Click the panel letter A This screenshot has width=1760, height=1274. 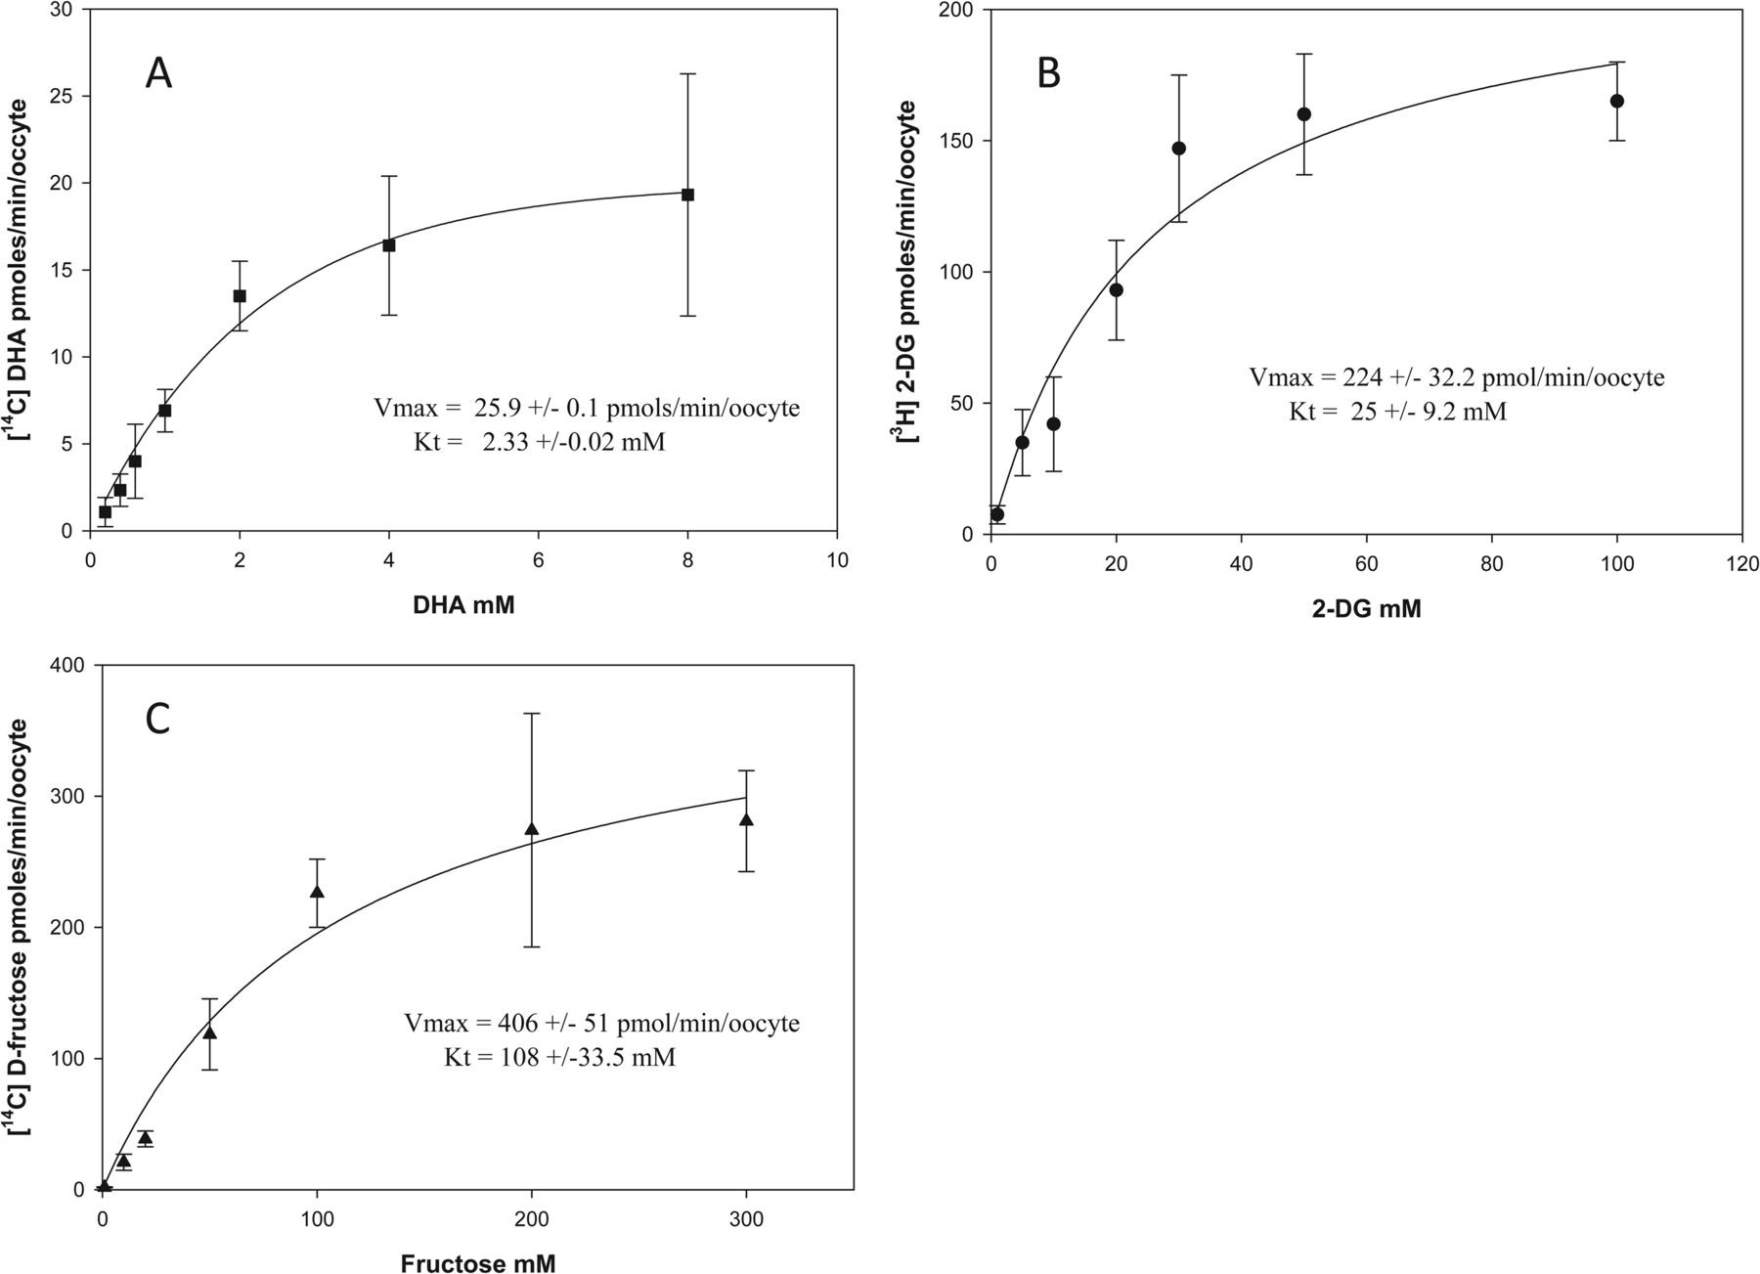click(158, 73)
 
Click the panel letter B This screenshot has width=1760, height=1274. click(1048, 73)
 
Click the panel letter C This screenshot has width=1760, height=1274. click(157, 719)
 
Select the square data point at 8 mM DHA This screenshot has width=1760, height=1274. click(687, 195)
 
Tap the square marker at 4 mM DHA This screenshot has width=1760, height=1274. click(389, 245)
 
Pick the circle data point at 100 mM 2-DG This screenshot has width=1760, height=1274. click(1617, 101)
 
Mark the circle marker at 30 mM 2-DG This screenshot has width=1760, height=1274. click(1178, 149)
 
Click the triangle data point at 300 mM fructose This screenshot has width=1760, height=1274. click(746, 819)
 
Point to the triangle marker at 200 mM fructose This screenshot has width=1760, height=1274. click(532, 829)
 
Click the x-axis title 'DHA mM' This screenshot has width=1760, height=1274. click(463, 605)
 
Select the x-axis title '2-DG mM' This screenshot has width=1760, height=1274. click(1366, 609)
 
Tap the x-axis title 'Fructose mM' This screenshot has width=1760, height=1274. click(478, 1263)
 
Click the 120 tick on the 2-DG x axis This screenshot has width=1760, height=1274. click(1741, 564)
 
